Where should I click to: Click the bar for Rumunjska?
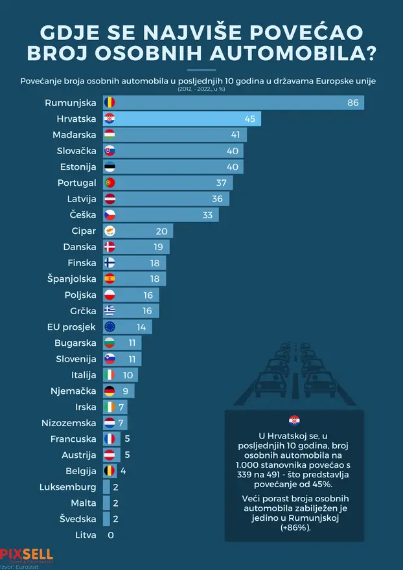[233, 103]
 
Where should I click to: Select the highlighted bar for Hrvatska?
[181, 119]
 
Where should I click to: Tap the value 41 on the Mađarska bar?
[235, 135]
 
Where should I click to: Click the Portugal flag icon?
[109, 183]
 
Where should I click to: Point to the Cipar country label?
[84, 231]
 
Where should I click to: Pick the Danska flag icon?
[109, 247]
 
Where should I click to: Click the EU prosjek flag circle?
[109, 327]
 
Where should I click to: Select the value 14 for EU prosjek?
[141, 327]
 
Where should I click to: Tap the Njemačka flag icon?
[109, 391]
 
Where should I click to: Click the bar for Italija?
[121, 375]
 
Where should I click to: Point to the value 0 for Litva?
[111, 535]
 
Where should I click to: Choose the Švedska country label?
[78, 519]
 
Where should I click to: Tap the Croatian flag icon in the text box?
[294, 420]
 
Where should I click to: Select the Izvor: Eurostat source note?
[19, 566]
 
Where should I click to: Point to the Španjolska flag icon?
[109, 279]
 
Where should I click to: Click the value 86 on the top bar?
[352, 103]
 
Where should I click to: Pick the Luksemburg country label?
[68, 487]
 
